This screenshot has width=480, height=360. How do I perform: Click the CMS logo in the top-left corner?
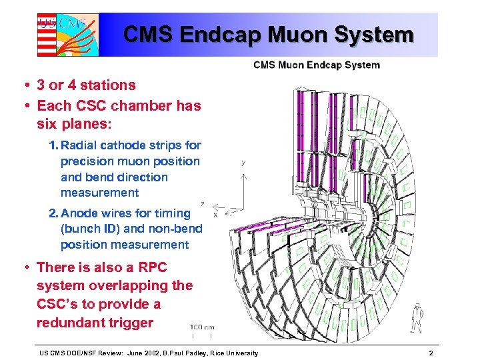click(x=67, y=34)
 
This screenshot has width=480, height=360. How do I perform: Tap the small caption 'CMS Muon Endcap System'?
click(x=316, y=65)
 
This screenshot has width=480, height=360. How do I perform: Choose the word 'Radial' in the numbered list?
click(x=79, y=145)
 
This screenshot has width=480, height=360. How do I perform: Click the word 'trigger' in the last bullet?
click(x=131, y=323)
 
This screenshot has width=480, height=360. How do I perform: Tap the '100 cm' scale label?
click(x=203, y=327)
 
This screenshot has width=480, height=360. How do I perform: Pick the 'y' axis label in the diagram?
click(x=244, y=162)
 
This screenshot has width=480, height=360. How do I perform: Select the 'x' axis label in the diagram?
click(x=215, y=215)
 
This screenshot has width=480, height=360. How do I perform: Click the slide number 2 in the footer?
click(x=431, y=352)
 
